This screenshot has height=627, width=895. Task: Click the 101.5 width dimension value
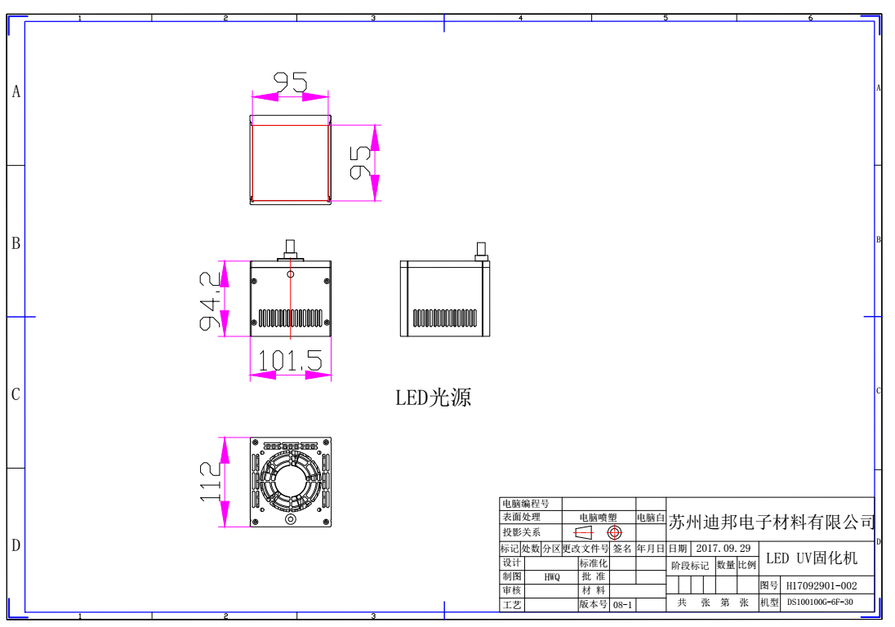[290, 361]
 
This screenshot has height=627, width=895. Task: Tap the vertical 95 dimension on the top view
[361, 162]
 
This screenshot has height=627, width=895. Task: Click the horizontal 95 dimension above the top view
[290, 82]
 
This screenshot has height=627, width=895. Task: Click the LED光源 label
[434, 398]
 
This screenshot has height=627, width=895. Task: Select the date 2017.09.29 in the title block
[723, 549]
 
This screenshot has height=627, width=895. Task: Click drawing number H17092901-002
[821, 585]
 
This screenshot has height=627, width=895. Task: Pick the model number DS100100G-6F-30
[820, 603]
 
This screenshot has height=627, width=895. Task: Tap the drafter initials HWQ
[552, 577]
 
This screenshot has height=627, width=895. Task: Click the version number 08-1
[622, 605]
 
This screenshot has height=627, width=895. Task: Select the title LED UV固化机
[812, 558]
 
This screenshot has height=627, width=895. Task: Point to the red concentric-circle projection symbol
[614, 532]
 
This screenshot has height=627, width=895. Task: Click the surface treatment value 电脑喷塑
[598, 518]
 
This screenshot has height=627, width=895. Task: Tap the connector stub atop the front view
[290, 249]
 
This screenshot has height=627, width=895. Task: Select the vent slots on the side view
[445, 318]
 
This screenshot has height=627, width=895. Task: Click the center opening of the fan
[290, 480]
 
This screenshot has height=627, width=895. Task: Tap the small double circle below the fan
[290, 519]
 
